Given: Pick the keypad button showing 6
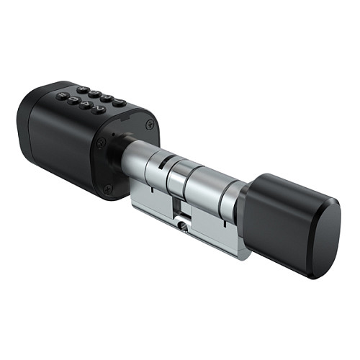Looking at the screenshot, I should coord(73,101).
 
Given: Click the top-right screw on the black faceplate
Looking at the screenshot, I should coord(149,125).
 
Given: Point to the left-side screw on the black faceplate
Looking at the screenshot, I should coord(102,143).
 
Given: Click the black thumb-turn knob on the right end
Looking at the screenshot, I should coord(292,223).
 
